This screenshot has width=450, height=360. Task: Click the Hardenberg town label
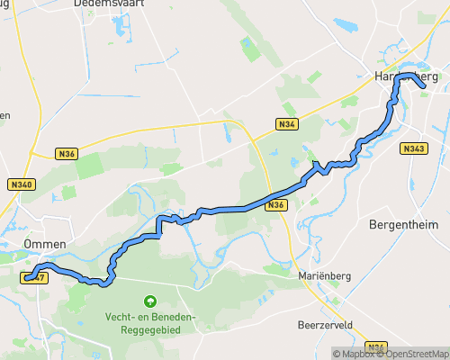[x=406, y=78]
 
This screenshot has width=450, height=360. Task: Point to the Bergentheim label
[x=401, y=224]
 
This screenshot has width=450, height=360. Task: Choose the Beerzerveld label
[x=327, y=322]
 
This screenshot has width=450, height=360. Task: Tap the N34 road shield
[x=286, y=123]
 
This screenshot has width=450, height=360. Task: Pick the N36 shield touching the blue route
[x=275, y=205]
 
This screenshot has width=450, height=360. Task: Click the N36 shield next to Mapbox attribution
[x=376, y=347]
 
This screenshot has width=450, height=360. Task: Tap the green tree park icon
[x=149, y=301]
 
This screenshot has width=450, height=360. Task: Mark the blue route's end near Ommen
[x=28, y=278]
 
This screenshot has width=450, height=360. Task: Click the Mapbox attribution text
[x=355, y=353]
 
